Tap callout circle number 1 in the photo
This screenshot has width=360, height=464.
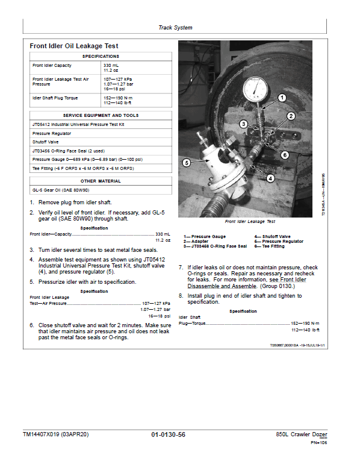pos(281,97)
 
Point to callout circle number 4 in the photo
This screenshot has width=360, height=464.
pos(270,178)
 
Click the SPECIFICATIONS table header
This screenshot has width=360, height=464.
pos(101,56)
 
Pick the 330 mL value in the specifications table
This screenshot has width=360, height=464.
pos(111,65)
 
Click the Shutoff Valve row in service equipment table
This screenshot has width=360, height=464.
pos(46,142)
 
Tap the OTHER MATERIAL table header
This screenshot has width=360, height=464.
pos(101,181)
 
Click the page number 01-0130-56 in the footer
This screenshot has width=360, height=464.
pos(169,434)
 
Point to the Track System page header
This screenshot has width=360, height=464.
pos(175,28)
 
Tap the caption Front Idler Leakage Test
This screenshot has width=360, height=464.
pos(250,222)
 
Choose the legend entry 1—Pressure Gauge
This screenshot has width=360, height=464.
pos(205,237)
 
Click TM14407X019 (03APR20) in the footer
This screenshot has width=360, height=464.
pos(55,434)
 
